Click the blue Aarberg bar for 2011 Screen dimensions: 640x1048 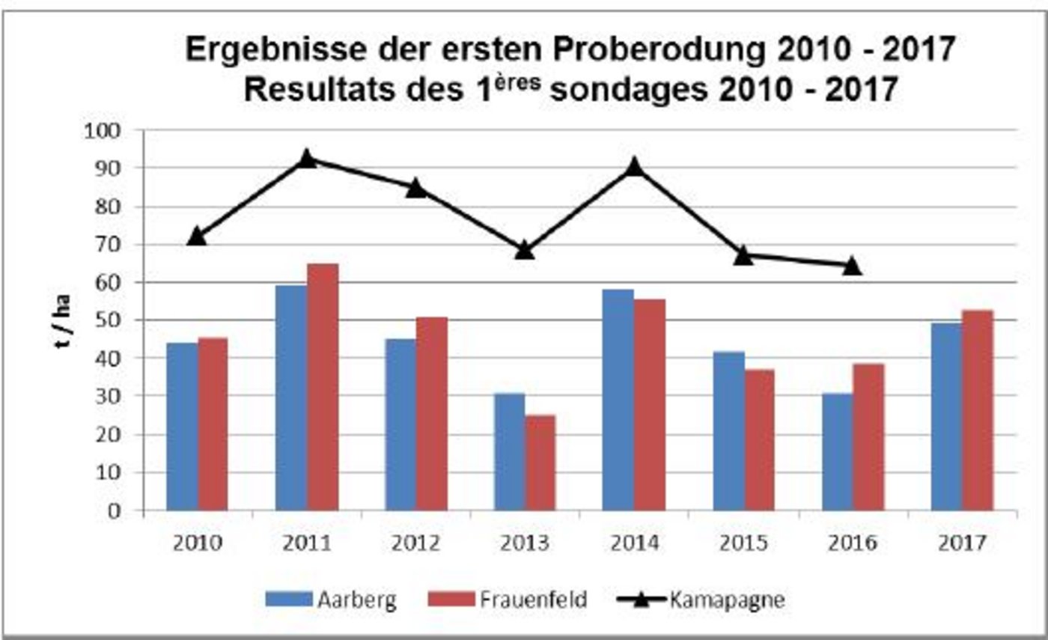[291, 397]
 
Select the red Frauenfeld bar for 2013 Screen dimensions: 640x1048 [540, 463]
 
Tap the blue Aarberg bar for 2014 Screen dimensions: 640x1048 [618, 400]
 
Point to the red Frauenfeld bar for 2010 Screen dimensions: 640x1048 [213, 424]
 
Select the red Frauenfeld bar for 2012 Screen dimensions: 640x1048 [432, 414]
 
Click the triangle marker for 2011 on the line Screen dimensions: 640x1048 [306, 159]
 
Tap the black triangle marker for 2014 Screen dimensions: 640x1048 [634, 166]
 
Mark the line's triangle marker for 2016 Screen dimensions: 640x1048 [853, 266]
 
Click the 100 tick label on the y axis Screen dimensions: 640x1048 [105, 131]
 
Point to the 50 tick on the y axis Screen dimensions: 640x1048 [109, 320]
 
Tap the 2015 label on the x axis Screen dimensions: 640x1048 [743, 542]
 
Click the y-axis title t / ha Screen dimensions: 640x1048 [65, 322]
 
